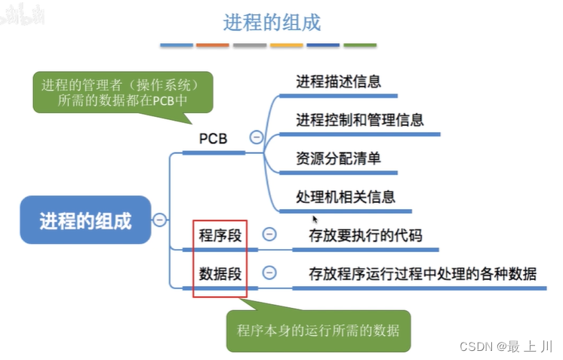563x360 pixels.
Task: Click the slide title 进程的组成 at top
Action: (x=272, y=22)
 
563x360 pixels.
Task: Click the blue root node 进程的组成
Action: (x=85, y=220)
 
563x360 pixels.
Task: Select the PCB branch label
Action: (x=213, y=139)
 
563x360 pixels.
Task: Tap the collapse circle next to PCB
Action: (x=257, y=137)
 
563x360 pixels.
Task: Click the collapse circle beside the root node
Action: (x=160, y=220)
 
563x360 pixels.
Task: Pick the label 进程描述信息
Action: (x=338, y=82)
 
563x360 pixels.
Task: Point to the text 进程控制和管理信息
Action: (x=359, y=119)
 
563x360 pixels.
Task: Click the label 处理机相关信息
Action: (x=346, y=197)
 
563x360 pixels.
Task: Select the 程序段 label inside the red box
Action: (x=220, y=235)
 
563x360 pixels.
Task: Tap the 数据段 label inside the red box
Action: (x=220, y=273)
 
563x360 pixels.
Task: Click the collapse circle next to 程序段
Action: (x=269, y=234)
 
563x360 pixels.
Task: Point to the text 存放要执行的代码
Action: (x=365, y=235)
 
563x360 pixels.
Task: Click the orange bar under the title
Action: (x=212, y=45)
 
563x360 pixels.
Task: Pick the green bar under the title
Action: (x=360, y=45)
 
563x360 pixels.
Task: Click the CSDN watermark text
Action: (x=506, y=346)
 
